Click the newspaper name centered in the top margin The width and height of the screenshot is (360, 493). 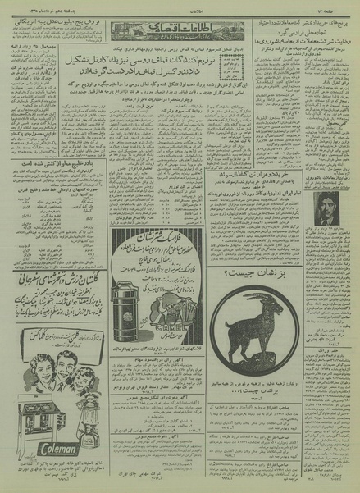(x=179, y=6)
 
